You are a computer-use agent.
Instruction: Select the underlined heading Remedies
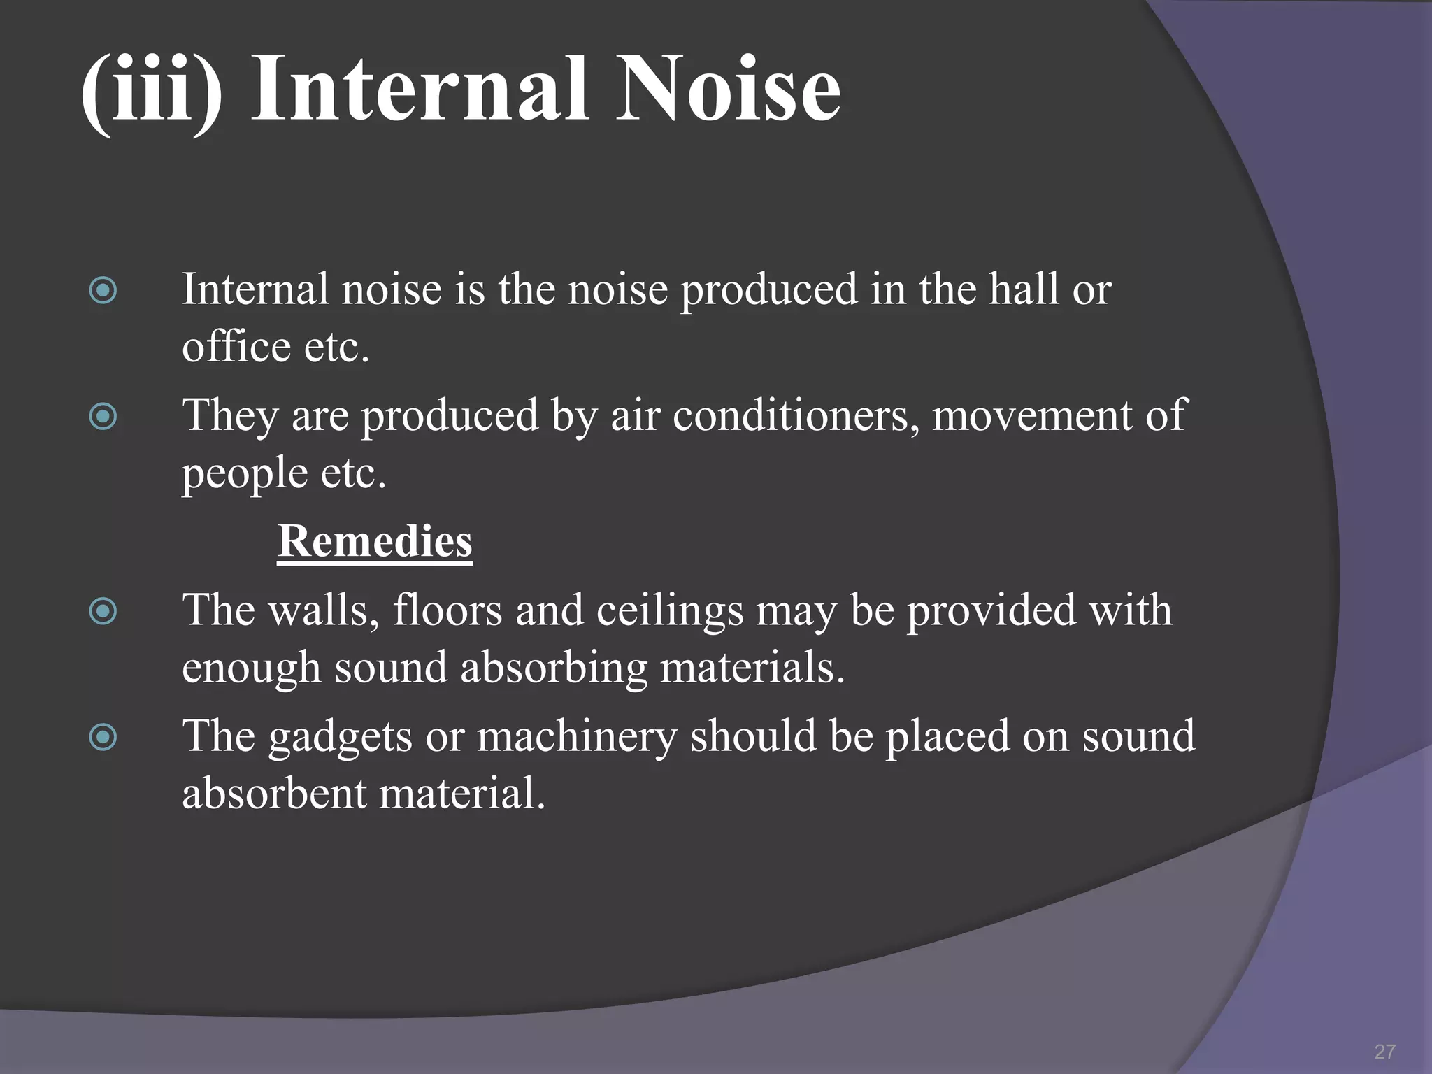pyautogui.click(x=375, y=541)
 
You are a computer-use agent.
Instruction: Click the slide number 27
pyautogui.click(x=1384, y=1051)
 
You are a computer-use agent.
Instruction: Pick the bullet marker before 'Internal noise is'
pyautogui.click(x=103, y=290)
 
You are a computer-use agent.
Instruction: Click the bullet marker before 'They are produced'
pyautogui.click(x=103, y=417)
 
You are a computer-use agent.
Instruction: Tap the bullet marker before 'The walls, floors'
pyautogui.click(x=103, y=612)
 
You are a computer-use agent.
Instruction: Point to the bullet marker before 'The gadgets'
pyautogui.click(x=103, y=737)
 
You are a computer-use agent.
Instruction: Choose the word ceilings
pyautogui.click(x=670, y=612)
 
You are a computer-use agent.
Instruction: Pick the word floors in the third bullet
pyautogui.click(x=447, y=610)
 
